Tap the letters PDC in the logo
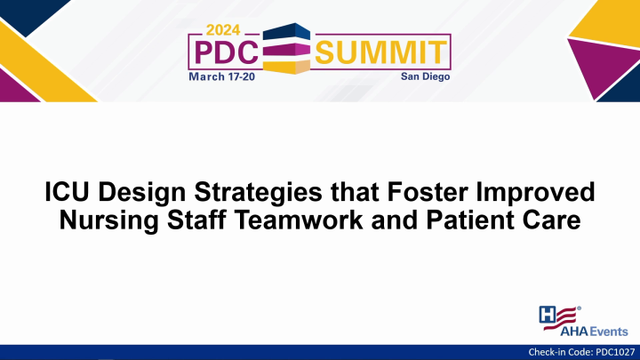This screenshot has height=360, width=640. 223,52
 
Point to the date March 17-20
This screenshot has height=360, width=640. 223,76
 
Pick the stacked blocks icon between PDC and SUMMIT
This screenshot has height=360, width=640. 287,47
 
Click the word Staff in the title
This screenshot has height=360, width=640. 200,220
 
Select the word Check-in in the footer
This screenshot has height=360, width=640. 545,353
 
